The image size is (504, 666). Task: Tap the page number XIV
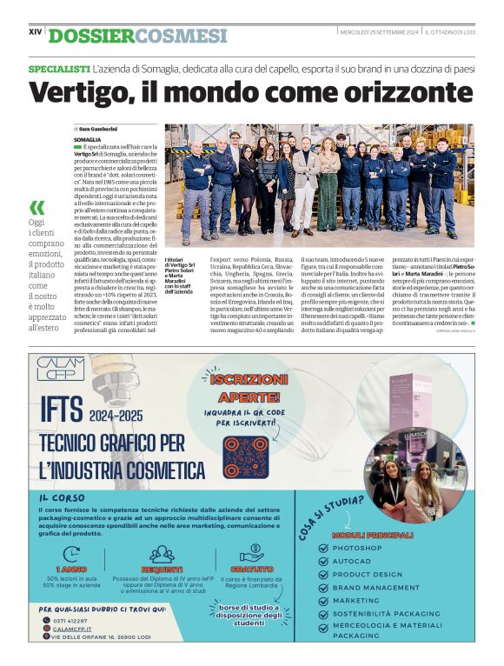[36, 32]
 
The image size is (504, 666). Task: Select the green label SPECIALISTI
[59, 68]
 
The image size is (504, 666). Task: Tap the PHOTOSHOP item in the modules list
[356, 549]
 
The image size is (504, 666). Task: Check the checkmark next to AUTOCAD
[324, 562]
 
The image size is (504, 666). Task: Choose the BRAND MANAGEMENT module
[375, 588]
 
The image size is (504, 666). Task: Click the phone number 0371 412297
[70, 621]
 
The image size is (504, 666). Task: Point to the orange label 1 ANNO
[70, 569]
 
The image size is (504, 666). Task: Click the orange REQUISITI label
[162, 569]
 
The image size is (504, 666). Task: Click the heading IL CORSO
[62, 498]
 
